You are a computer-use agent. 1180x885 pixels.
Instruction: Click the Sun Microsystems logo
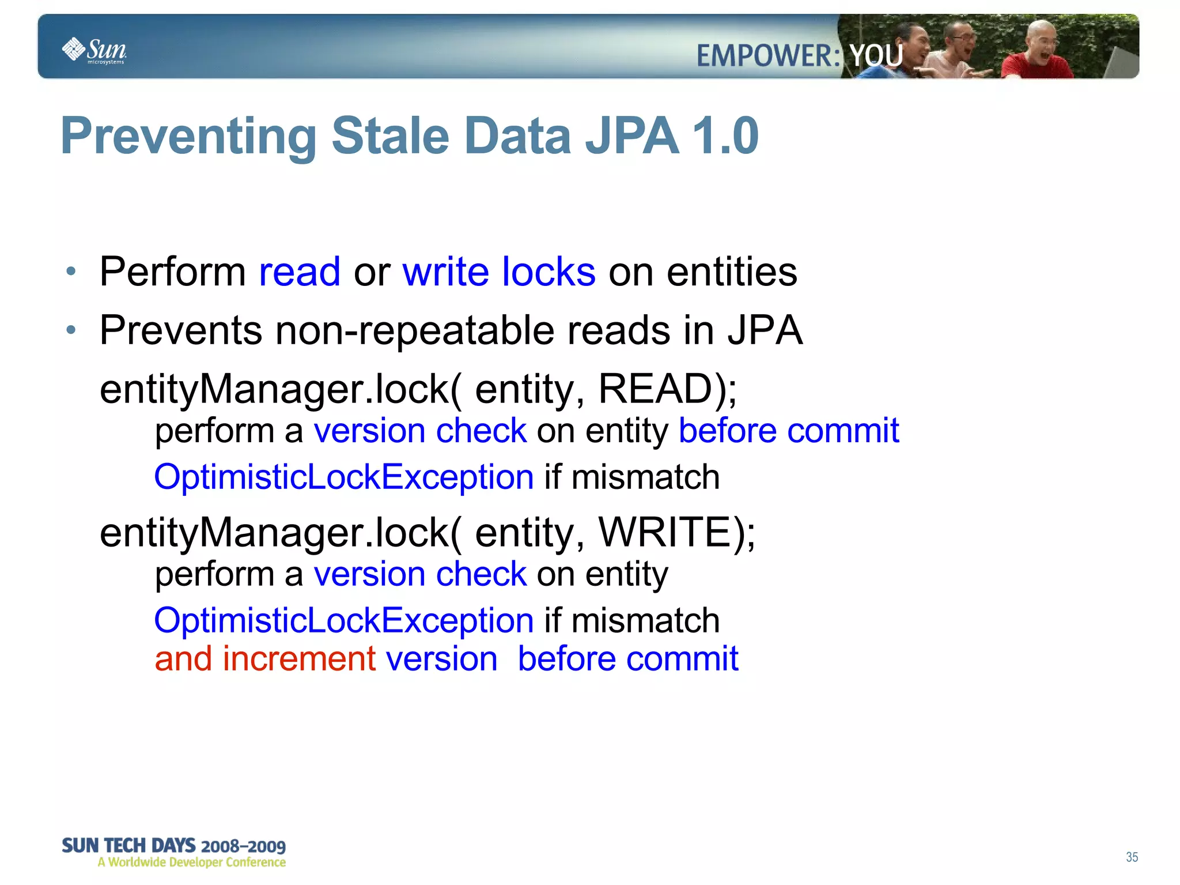click(94, 51)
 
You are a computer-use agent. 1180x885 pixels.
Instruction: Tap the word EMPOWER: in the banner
click(769, 57)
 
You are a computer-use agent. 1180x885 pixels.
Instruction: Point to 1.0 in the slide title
click(725, 136)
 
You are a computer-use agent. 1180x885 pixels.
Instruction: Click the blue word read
click(300, 272)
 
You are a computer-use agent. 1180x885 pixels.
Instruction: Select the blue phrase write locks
click(499, 272)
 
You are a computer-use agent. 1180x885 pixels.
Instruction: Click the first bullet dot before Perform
click(71, 272)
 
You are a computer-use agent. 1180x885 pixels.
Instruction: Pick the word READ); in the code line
click(667, 389)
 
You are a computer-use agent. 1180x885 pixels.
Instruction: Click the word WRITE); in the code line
click(677, 532)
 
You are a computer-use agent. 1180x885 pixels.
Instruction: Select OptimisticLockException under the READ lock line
click(344, 477)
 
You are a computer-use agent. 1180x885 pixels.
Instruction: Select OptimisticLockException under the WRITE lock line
click(344, 621)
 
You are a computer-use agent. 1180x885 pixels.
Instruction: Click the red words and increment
click(265, 659)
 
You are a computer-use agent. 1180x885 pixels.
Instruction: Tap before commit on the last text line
click(627, 659)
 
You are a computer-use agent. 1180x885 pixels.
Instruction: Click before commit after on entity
click(789, 431)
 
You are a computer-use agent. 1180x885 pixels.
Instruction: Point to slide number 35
click(1132, 857)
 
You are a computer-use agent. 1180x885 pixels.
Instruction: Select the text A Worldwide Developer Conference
click(192, 863)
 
